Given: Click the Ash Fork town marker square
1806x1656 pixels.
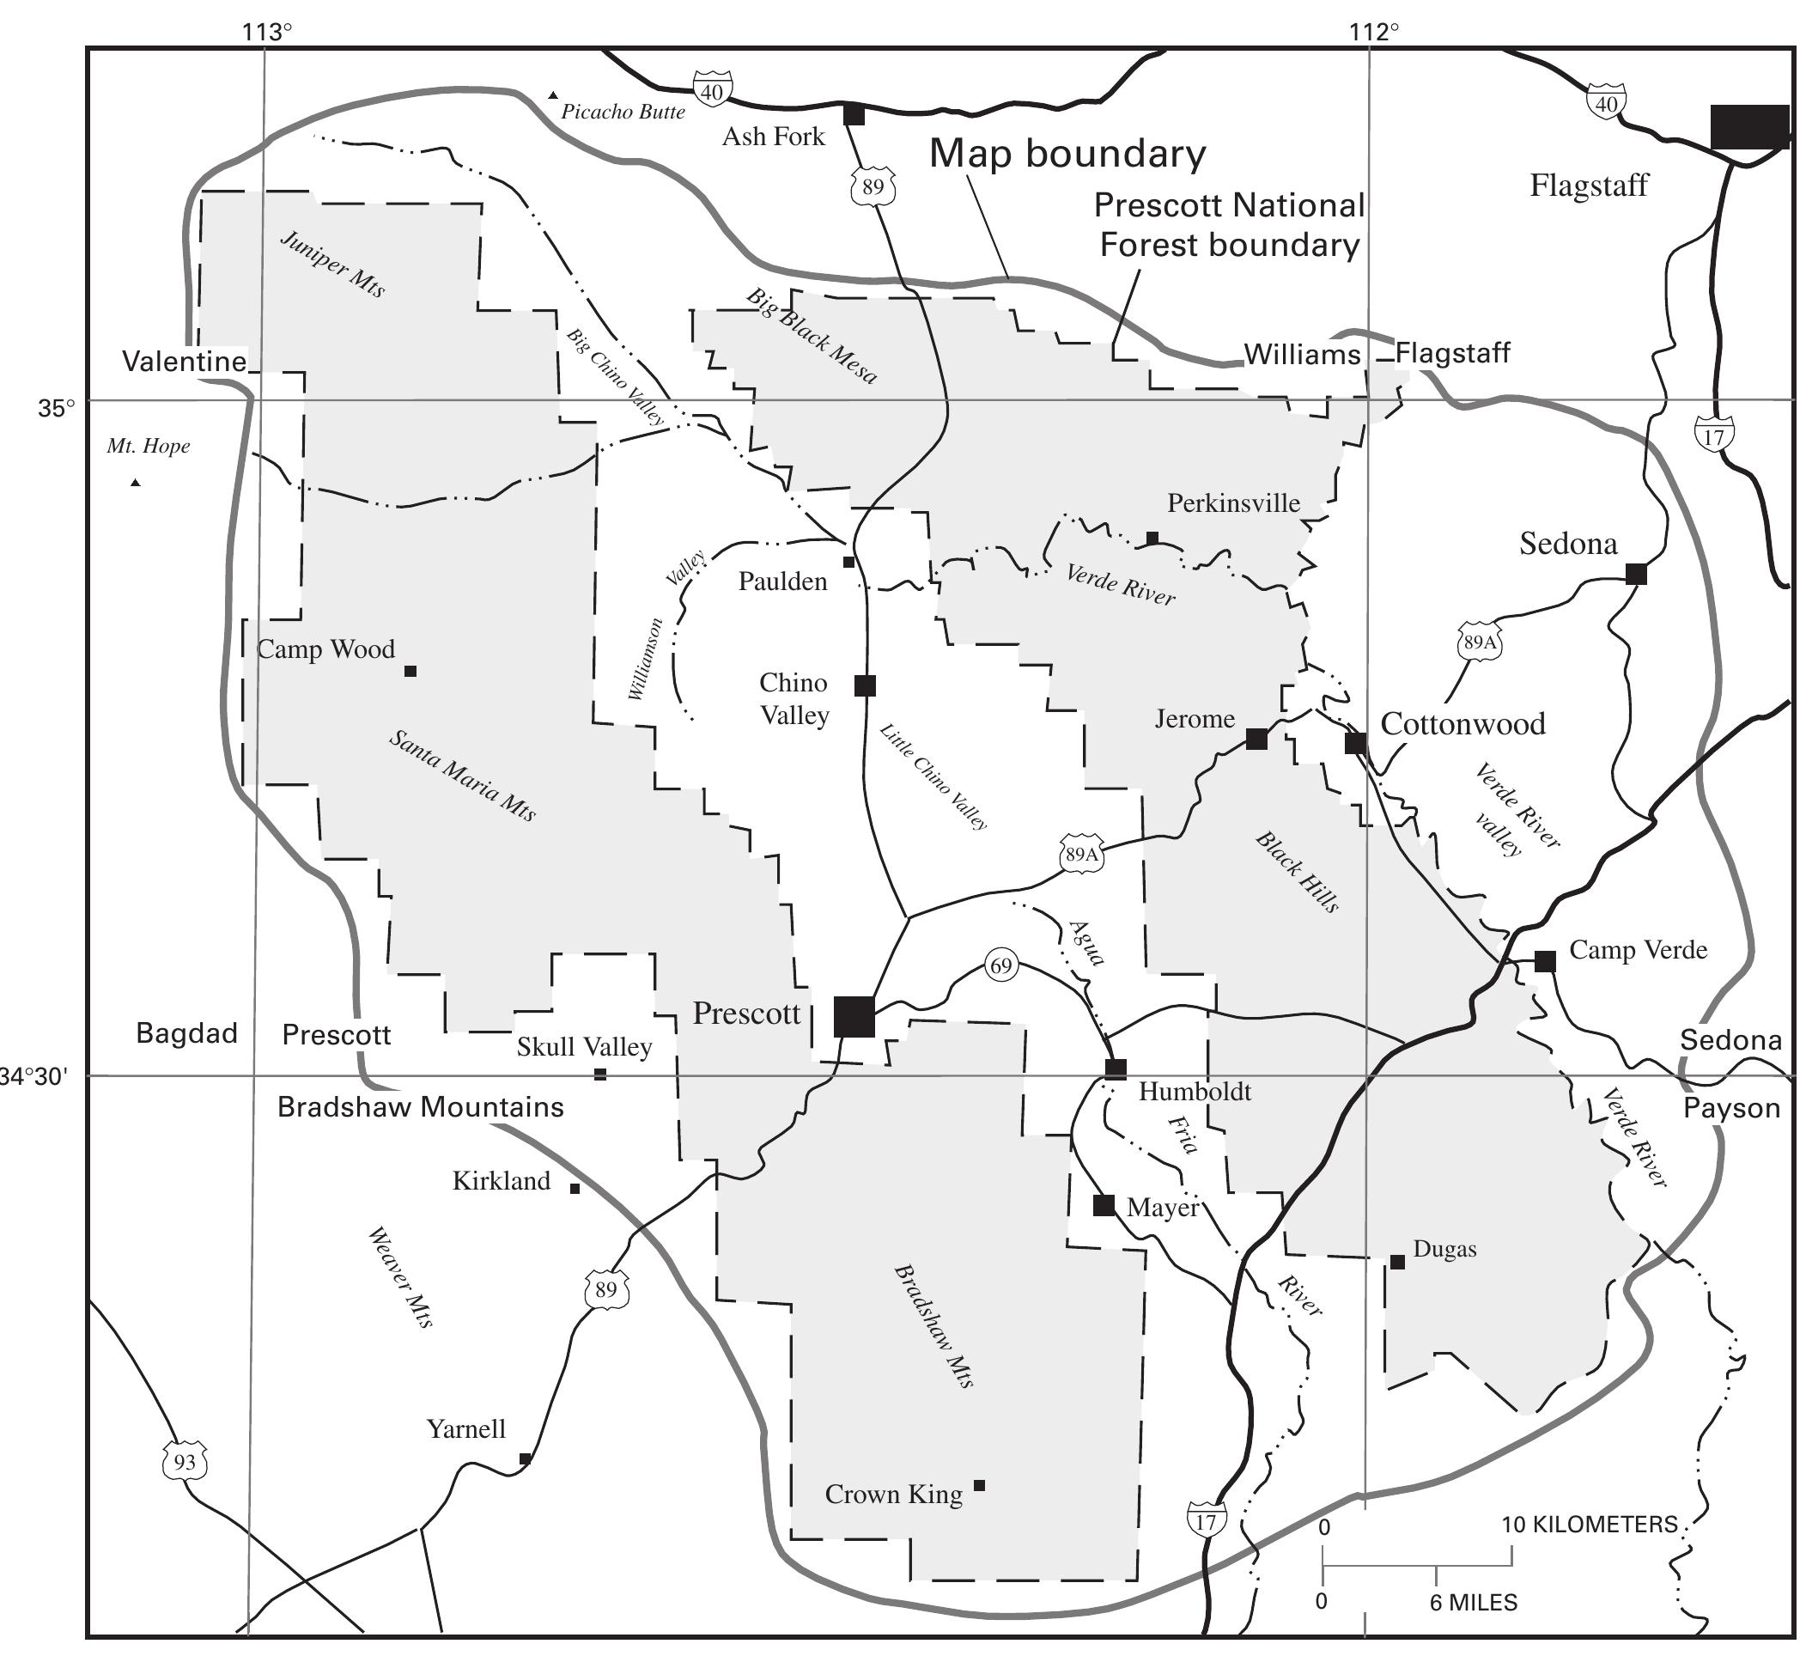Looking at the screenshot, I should click(x=854, y=115).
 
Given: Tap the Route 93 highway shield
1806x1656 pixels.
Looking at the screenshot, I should click(x=185, y=1463).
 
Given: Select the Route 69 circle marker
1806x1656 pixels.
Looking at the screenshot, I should click(x=1000, y=966).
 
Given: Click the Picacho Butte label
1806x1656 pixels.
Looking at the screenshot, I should click(x=623, y=112).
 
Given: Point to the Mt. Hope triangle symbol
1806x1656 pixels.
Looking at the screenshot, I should click(x=136, y=483).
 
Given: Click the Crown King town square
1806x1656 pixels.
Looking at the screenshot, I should click(x=979, y=1485).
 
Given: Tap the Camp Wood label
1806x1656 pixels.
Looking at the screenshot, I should click(x=326, y=648).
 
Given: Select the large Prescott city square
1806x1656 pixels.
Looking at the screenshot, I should click(x=854, y=1016).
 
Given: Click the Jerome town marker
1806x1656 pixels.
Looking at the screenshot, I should click(x=1257, y=739).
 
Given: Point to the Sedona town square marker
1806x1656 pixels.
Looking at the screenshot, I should click(x=1636, y=574).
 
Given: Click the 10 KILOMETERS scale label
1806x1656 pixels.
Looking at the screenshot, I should click(x=1589, y=1524).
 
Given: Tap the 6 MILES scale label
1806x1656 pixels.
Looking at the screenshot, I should click(x=1473, y=1602).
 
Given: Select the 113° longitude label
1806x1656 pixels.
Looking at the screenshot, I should click(x=267, y=33).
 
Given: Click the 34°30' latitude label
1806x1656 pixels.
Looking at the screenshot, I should click(x=34, y=1075).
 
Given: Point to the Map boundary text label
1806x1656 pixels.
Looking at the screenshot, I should click(x=1067, y=153).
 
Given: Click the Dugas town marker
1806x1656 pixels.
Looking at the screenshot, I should click(x=1396, y=1262).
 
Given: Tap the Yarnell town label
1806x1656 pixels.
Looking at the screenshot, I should click(x=465, y=1428).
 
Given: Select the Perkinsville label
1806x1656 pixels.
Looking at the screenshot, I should click(x=1232, y=502).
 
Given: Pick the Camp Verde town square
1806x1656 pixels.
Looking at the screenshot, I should click(x=1544, y=960).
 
